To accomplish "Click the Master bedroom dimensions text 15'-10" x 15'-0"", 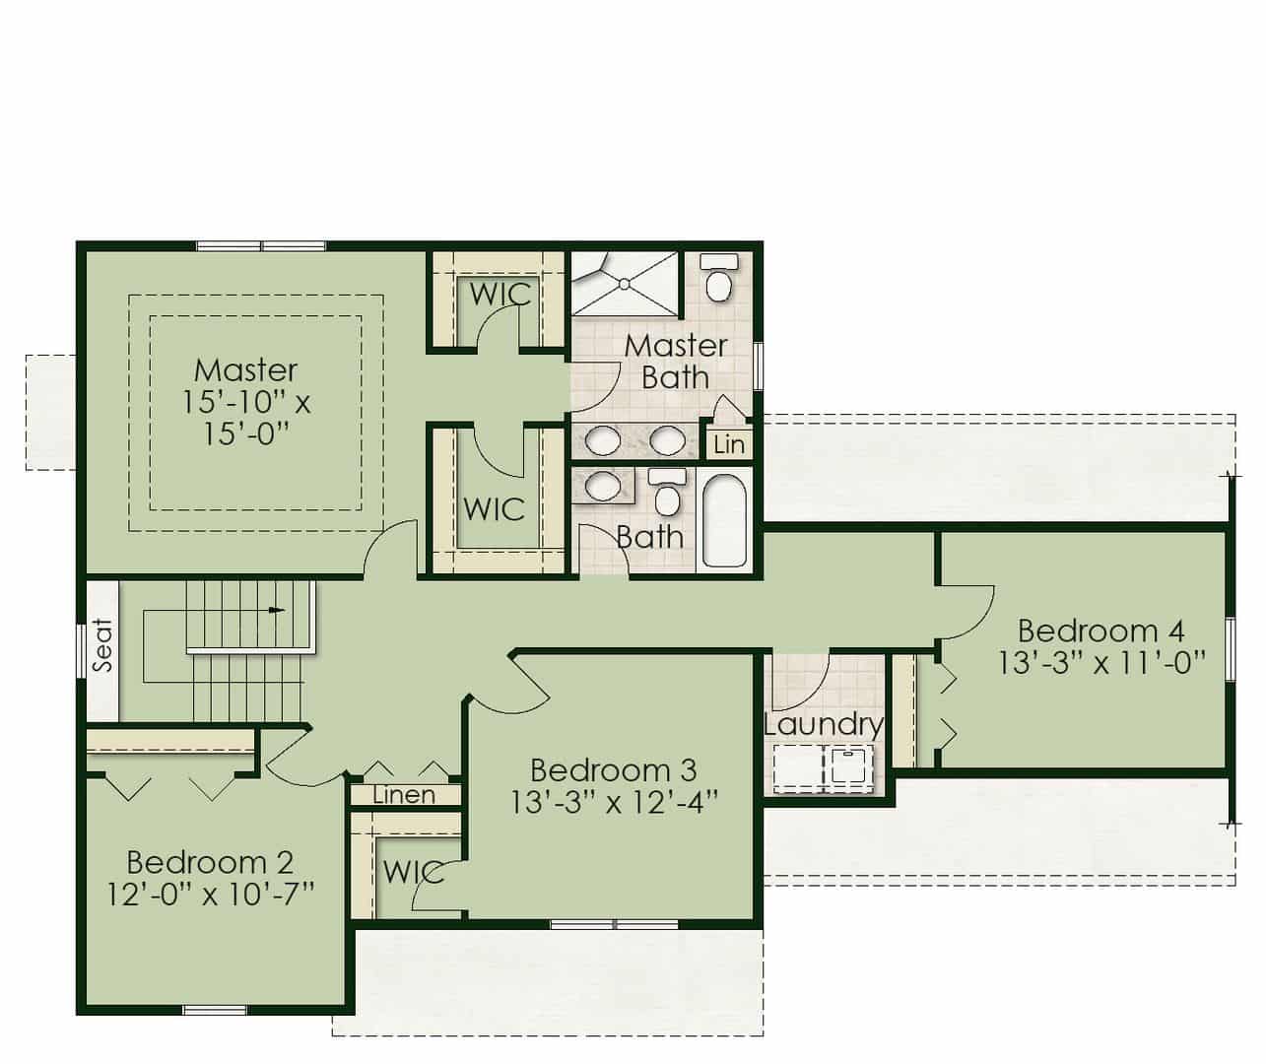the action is (x=246, y=418).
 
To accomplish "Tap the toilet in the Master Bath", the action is (x=719, y=278).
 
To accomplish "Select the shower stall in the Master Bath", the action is (x=625, y=284).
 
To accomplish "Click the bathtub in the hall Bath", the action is (x=724, y=520).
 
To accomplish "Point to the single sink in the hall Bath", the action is (x=603, y=486).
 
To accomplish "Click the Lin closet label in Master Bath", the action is (x=729, y=444).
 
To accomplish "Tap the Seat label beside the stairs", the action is (x=103, y=645).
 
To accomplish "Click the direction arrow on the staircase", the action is (x=277, y=609).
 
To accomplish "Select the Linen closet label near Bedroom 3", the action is (x=404, y=795).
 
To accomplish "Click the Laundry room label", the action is (x=824, y=726).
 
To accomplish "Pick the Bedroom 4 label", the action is (x=1101, y=631).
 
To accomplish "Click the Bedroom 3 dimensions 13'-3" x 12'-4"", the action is (x=614, y=803).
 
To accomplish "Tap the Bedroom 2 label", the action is (x=211, y=862).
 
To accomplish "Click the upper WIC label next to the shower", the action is (x=500, y=295).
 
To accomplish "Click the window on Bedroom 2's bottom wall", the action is (x=215, y=1010).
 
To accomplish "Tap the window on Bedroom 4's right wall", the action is (x=1231, y=648).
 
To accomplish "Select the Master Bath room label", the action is (x=676, y=362).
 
